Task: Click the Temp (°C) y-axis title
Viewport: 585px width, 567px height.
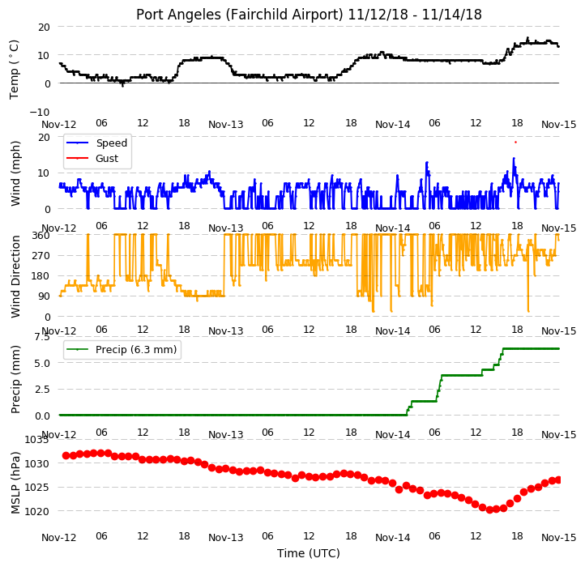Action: coord(14,70)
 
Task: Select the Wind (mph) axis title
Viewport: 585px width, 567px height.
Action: coord(15,173)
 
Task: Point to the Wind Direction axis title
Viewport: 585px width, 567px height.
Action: coord(15,276)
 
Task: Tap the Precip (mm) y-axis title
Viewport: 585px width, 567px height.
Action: coord(15,379)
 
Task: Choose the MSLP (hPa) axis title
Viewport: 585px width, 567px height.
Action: coord(15,483)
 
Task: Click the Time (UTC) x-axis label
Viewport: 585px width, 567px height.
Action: coord(309,553)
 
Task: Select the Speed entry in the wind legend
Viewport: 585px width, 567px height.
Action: coord(97,143)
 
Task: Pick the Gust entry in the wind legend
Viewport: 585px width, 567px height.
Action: coord(92,159)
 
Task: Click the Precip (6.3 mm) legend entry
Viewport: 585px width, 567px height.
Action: coord(122,350)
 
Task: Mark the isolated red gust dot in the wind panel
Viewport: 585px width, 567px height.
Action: coord(515,142)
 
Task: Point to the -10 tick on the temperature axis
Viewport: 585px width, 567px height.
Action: coord(39,112)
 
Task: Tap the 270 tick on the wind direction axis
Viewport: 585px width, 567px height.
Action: coord(41,256)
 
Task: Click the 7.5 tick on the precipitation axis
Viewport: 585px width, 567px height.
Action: coord(42,337)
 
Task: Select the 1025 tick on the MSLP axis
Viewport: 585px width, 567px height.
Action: coord(37,487)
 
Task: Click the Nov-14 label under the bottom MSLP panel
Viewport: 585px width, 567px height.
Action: coord(392,538)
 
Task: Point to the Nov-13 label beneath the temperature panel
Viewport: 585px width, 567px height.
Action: coord(226,124)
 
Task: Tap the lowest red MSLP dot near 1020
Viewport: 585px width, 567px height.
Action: coord(489,509)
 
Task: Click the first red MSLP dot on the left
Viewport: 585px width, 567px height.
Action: coord(66,455)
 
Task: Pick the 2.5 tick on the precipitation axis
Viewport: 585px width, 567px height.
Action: coord(42,390)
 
